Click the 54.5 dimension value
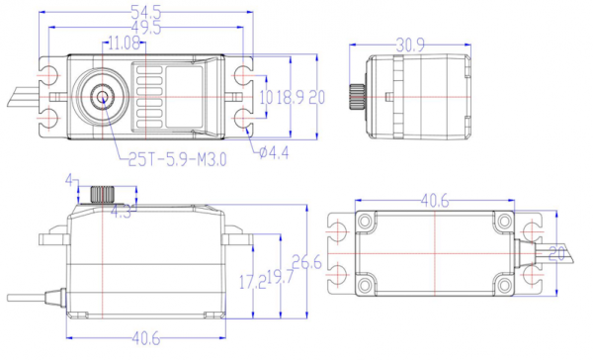[146, 12]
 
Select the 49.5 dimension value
[146, 28]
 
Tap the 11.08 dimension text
[125, 44]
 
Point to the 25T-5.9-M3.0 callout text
[177, 159]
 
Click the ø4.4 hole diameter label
[274, 152]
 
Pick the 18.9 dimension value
[290, 98]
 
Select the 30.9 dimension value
[410, 45]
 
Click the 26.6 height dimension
[306, 262]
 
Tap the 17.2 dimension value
[253, 282]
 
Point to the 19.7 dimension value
[281, 277]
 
